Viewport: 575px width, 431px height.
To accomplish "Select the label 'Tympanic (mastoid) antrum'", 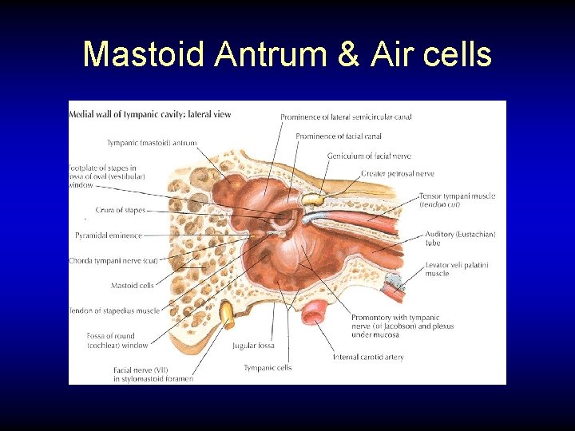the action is (x=152, y=143).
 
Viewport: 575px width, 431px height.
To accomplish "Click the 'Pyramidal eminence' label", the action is (x=109, y=235).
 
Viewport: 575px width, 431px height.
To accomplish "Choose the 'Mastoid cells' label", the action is (x=133, y=285).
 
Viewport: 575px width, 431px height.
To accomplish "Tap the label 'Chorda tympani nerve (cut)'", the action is (x=113, y=261).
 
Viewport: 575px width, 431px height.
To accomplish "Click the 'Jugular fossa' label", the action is (x=253, y=346).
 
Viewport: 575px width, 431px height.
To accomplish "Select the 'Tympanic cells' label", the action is (x=268, y=368).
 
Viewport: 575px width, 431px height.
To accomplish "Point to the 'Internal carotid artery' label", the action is (x=368, y=357).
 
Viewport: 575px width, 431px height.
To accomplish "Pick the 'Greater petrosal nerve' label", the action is (x=398, y=173).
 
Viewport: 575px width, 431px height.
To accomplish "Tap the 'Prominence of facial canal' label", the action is (x=337, y=136).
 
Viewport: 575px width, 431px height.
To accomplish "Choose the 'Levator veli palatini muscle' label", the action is (x=457, y=269).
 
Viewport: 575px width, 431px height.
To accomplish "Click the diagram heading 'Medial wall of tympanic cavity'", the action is (x=149, y=114).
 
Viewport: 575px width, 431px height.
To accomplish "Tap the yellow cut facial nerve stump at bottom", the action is (x=228, y=314).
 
